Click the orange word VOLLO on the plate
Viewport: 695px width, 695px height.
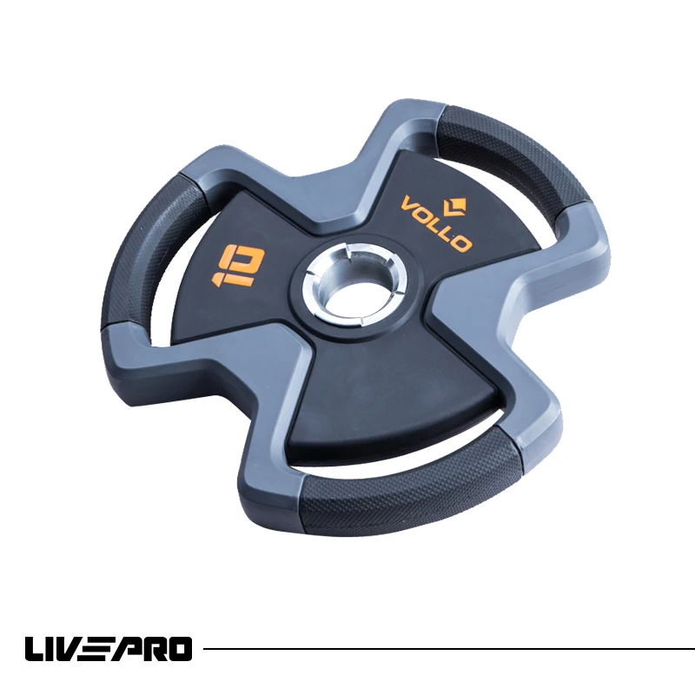[x=435, y=223]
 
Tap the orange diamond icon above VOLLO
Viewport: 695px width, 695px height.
[x=454, y=207]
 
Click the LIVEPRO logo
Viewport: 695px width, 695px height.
[x=109, y=648]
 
